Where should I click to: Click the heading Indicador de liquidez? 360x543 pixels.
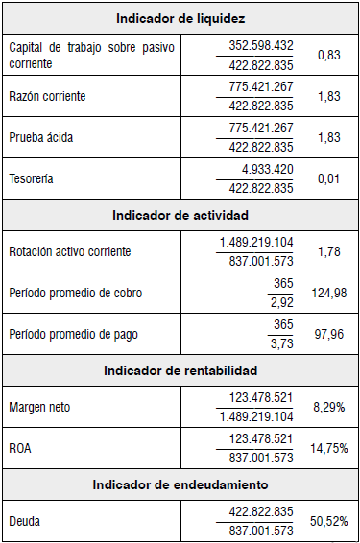click(x=180, y=18)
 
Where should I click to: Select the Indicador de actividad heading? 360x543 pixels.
click(x=180, y=214)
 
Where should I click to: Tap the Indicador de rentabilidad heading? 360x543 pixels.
click(x=180, y=369)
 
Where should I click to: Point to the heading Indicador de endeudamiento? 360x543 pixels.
click(x=180, y=485)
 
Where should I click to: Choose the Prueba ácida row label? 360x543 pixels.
click(x=40, y=137)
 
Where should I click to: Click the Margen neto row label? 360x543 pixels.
click(x=39, y=408)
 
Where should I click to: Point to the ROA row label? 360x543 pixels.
click(x=21, y=447)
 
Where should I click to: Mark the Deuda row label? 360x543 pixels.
click(x=25, y=521)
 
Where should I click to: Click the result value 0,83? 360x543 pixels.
click(x=329, y=57)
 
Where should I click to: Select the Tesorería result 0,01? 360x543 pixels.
click(x=329, y=177)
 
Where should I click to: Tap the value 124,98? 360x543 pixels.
click(x=329, y=292)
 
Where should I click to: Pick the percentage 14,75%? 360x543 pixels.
click(x=329, y=447)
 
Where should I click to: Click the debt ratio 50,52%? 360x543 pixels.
click(x=329, y=521)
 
